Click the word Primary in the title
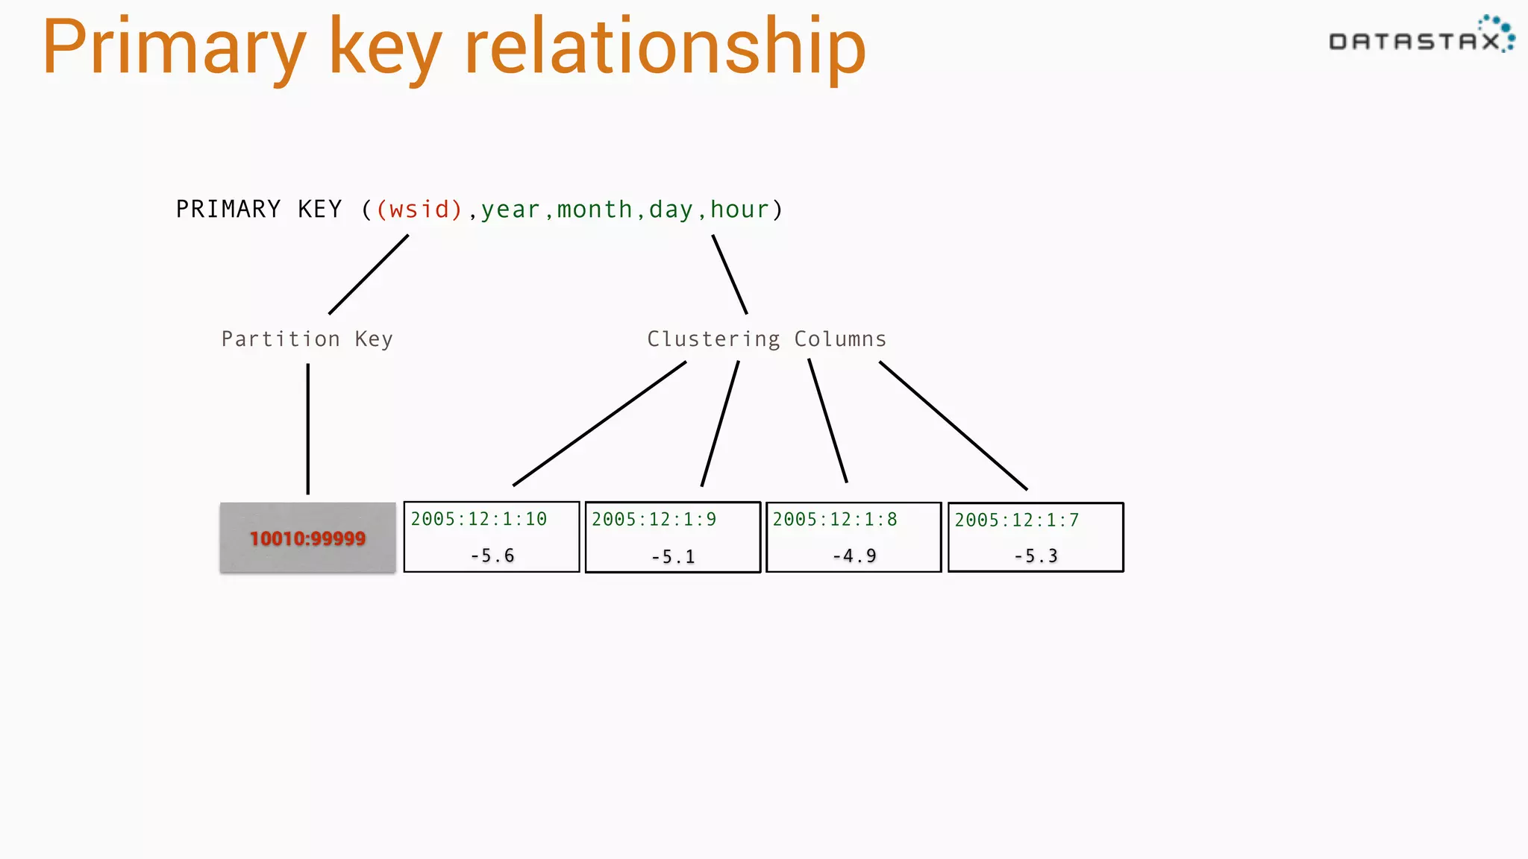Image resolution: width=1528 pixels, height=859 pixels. (174, 48)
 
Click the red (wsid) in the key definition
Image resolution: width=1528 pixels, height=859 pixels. (419, 210)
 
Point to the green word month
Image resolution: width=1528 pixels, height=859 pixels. (595, 210)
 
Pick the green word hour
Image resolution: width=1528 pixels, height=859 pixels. (739, 210)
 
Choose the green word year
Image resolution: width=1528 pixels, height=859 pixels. (510, 210)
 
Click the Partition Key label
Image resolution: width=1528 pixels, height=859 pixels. (307, 339)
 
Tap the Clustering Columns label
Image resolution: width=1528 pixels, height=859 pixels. (766, 339)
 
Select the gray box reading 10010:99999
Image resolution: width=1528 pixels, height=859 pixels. (307, 538)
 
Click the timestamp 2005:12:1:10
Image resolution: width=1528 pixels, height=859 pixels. (479, 519)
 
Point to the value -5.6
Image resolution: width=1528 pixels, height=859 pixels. (492, 556)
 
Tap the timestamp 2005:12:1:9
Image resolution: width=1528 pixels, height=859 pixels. (654, 519)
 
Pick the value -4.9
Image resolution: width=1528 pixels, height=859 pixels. (854, 556)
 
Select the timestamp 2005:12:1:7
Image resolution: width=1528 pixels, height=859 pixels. (1016, 520)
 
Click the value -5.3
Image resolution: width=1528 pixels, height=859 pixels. (1036, 556)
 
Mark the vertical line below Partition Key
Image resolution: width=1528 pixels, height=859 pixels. (307, 429)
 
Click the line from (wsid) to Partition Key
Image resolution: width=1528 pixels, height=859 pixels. (369, 274)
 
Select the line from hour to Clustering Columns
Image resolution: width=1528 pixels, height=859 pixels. (730, 274)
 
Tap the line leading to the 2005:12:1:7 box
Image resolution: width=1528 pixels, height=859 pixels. (953, 425)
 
